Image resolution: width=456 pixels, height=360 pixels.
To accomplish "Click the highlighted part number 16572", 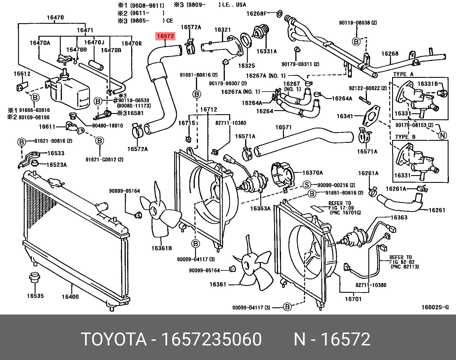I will point(165,36).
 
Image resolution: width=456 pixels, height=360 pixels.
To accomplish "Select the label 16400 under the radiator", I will point(70,297).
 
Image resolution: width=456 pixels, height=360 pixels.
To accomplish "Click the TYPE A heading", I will point(403,74).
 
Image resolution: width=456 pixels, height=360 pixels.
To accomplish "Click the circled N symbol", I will point(443,135).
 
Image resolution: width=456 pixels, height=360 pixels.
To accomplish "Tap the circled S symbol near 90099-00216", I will point(307,185).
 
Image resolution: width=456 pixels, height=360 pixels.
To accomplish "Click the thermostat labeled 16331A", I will point(261,32).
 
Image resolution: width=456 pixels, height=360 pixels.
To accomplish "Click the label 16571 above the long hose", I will point(283,127).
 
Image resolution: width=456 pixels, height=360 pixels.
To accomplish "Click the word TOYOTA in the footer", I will point(114,339).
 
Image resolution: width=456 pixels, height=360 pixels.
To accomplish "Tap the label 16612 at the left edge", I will point(22,74).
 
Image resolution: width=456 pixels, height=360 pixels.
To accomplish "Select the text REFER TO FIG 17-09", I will point(340,205).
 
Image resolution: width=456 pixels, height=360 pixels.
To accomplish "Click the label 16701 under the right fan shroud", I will point(353,299).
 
